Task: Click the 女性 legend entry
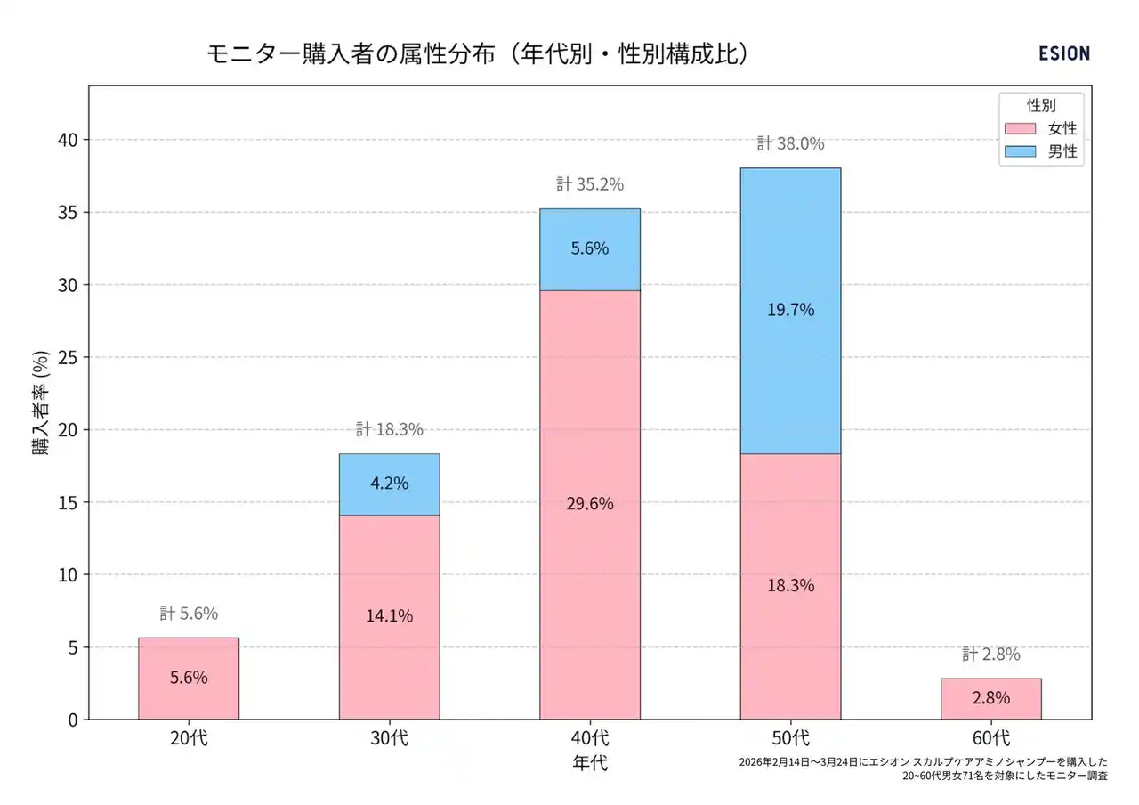[x=1041, y=128]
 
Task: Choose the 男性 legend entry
[x=1041, y=151]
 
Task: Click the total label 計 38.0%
[x=790, y=143]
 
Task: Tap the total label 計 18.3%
[x=389, y=429]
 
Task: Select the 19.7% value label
[x=790, y=310]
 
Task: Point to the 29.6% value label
[x=590, y=503]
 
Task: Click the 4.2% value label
[x=389, y=484]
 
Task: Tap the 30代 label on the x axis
[x=389, y=738]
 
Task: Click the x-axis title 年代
[x=590, y=763]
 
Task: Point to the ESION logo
[x=1063, y=53]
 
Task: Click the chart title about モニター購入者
[x=479, y=53]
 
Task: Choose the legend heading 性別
[x=1041, y=105]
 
